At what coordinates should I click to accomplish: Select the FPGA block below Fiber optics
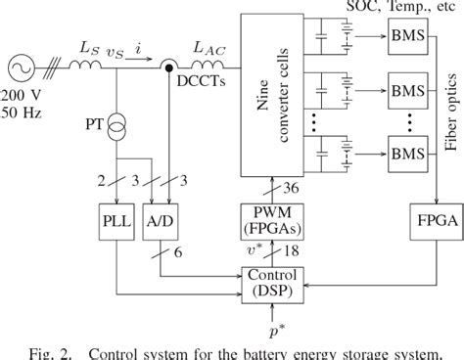point(432,220)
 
